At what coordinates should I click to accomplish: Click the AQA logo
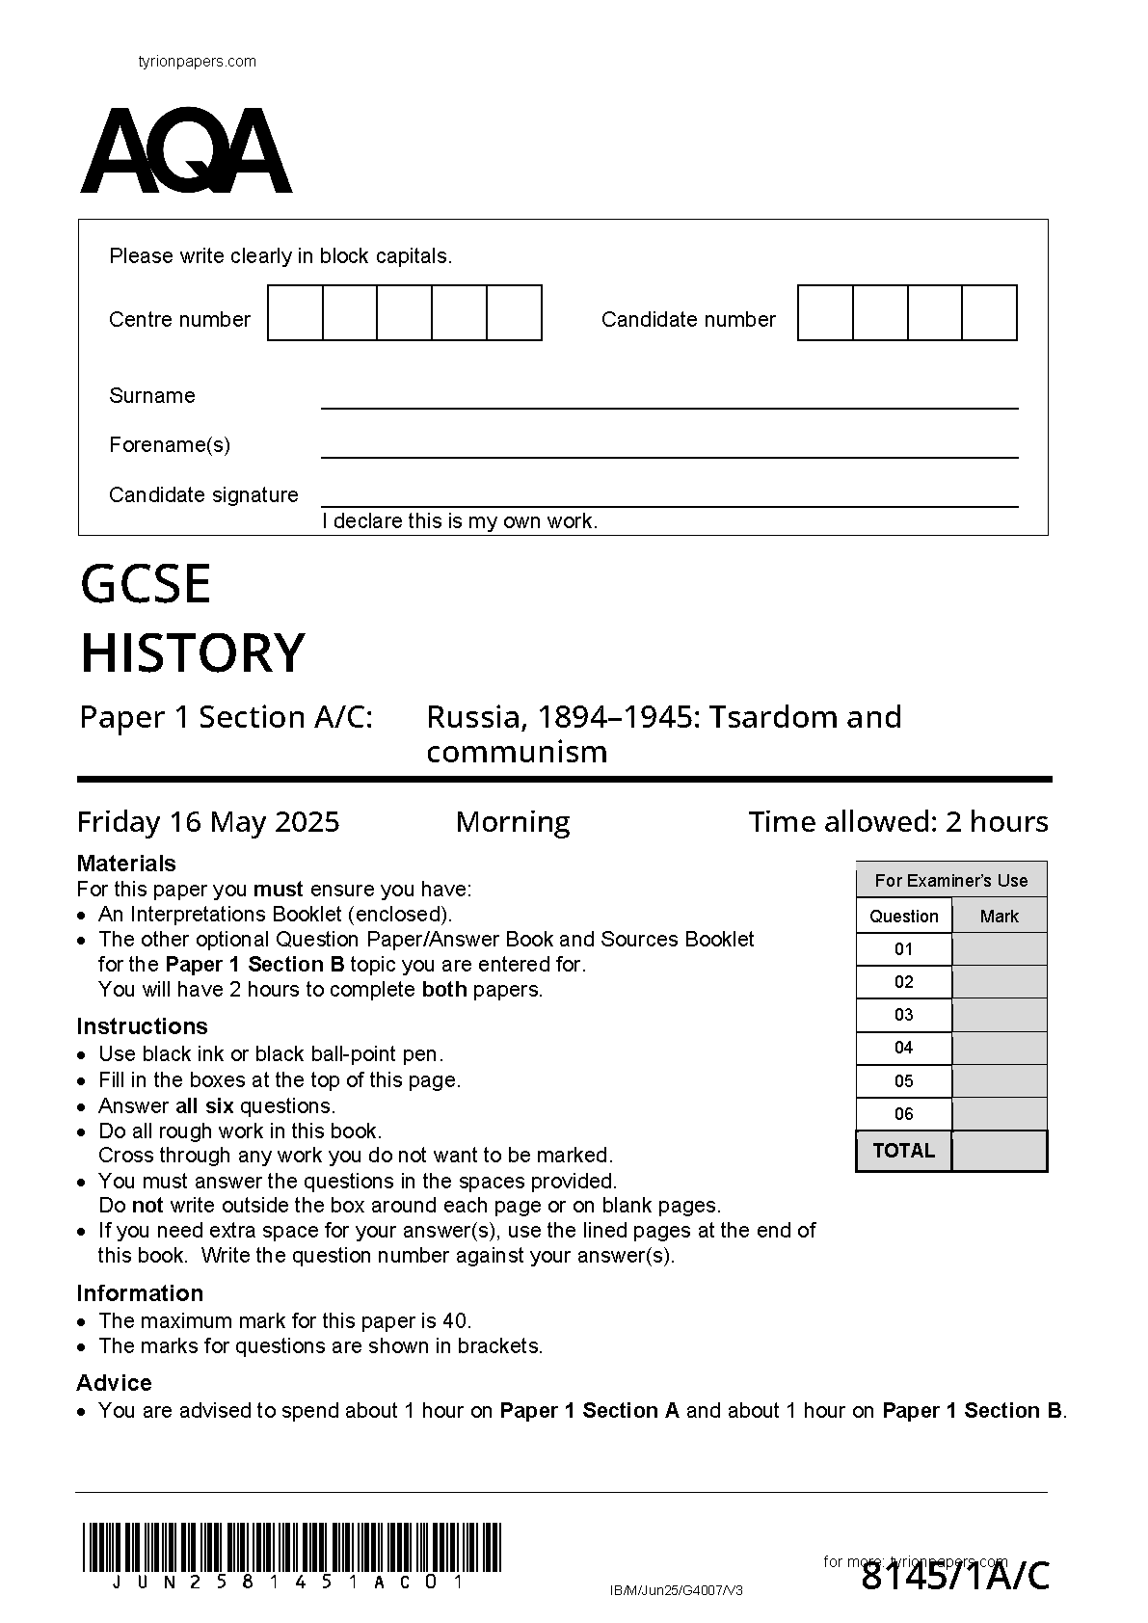pos(186,151)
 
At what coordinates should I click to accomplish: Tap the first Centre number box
pos(295,313)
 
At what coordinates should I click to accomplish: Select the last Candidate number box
pos(989,313)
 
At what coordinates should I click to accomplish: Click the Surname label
pos(152,396)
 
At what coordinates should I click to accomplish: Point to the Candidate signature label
pos(203,495)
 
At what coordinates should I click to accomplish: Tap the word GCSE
pos(146,584)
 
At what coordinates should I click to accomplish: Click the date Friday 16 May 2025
pos(208,822)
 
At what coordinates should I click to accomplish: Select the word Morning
pos(512,822)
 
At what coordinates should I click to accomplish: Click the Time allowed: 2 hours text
pos(897,822)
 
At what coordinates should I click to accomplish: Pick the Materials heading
pos(126,864)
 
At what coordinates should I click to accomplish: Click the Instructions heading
pos(142,1026)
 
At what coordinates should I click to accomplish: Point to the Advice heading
pos(114,1383)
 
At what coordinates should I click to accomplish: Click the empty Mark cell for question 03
pos(999,1015)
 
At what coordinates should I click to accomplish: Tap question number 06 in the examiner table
pos(903,1114)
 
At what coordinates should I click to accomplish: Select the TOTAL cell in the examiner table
pos(903,1151)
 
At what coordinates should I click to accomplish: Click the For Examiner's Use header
pos(950,881)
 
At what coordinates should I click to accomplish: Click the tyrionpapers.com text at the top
pos(198,62)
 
